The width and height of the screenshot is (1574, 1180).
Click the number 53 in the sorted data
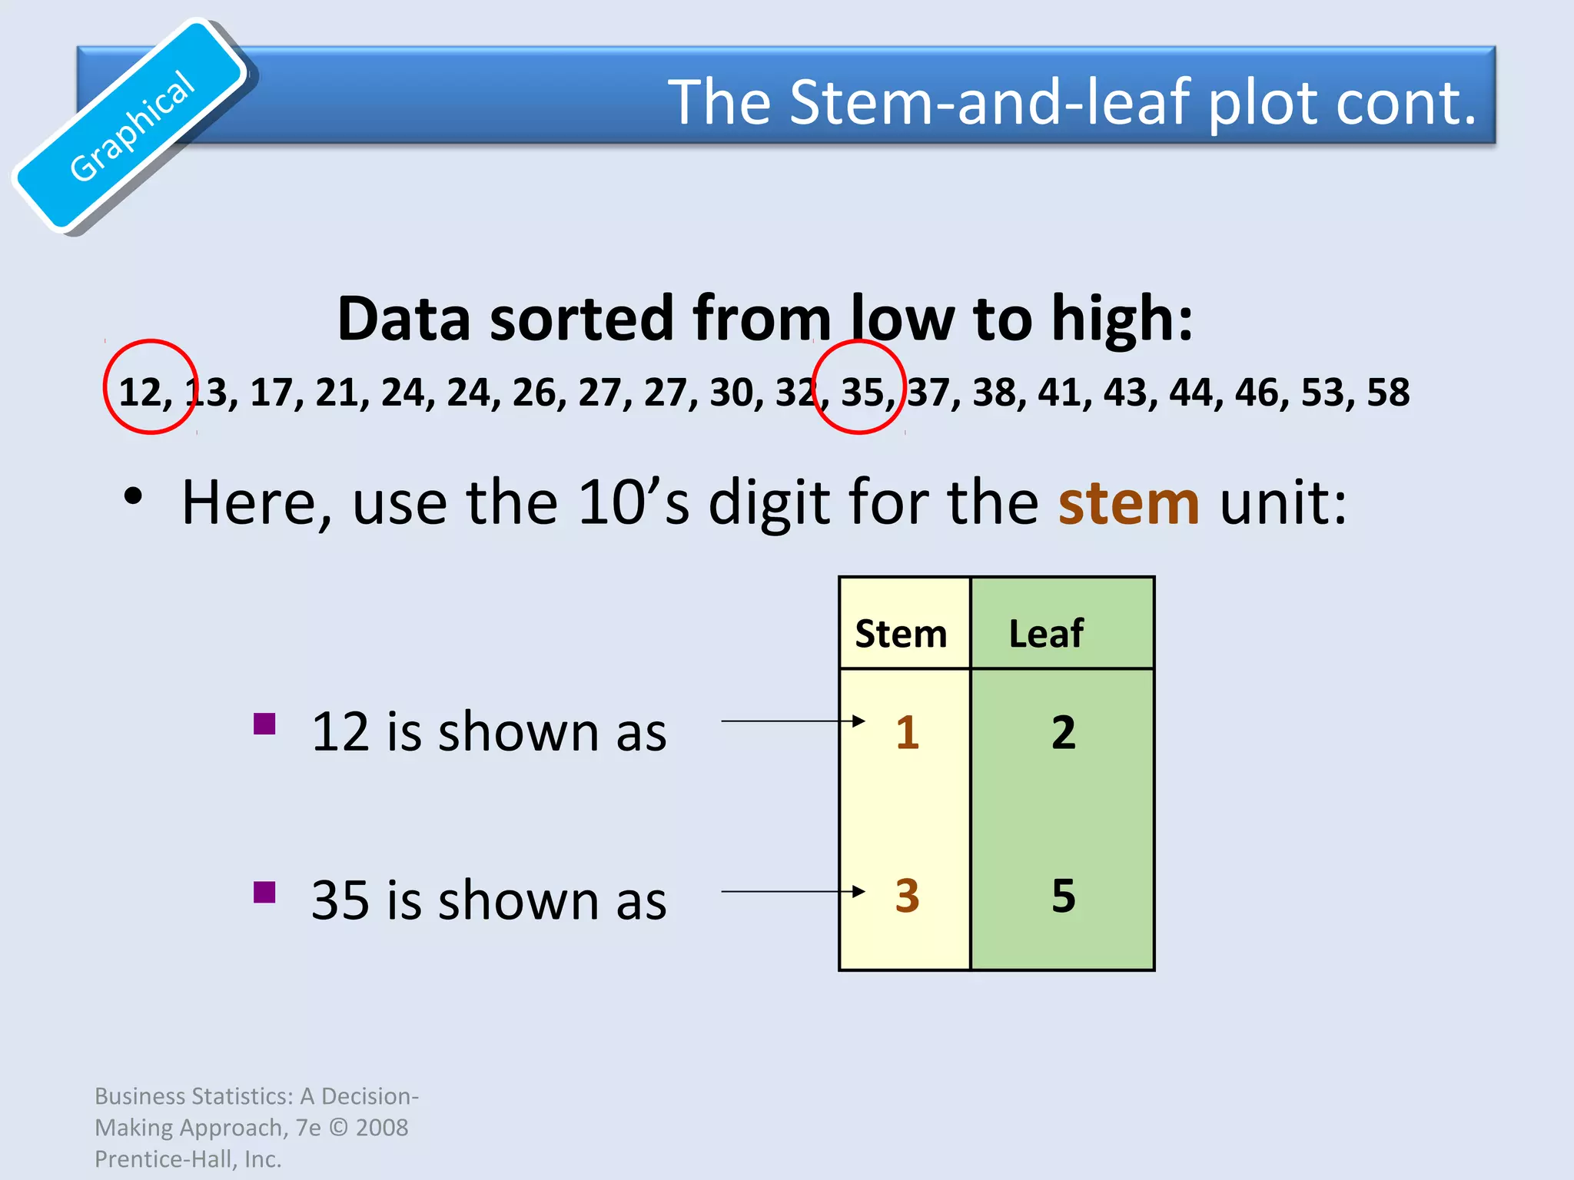click(x=1323, y=393)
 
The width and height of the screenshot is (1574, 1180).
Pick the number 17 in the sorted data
click(x=271, y=393)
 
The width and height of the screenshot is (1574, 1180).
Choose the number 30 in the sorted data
click(x=731, y=393)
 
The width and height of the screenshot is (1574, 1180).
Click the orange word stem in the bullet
click(x=1128, y=503)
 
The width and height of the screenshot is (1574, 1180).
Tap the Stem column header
click(x=901, y=635)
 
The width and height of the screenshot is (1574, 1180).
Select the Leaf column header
click(x=1045, y=635)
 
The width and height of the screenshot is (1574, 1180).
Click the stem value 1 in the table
click(x=908, y=732)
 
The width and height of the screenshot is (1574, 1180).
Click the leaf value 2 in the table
click(x=1064, y=732)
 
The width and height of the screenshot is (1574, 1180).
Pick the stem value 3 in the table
click(x=908, y=896)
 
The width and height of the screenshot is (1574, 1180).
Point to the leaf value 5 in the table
click(x=1064, y=896)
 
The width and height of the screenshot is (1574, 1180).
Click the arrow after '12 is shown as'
click(x=792, y=721)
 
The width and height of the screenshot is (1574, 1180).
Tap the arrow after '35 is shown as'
click(x=792, y=892)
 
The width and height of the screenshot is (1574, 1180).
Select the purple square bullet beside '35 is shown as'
click(x=264, y=893)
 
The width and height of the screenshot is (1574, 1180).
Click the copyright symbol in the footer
click(x=338, y=1128)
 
